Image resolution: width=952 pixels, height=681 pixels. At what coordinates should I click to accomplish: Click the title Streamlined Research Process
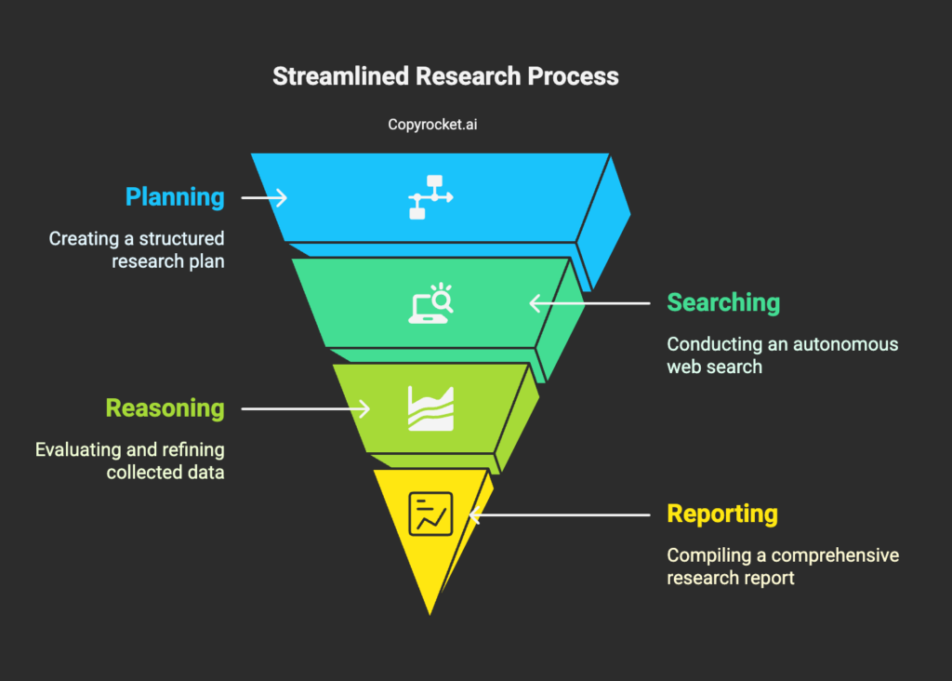pos(445,76)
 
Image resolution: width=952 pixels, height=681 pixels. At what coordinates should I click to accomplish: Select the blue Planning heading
pos(175,197)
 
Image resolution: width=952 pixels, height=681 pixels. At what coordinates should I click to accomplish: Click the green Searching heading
pos(723,302)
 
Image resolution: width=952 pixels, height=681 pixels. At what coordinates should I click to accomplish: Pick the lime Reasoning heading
pos(165,408)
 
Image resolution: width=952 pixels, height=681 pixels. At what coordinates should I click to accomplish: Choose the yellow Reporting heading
pos(722,514)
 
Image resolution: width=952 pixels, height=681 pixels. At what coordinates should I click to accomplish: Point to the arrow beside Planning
pos(264,197)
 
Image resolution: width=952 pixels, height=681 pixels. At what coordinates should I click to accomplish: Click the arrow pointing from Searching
pos(588,302)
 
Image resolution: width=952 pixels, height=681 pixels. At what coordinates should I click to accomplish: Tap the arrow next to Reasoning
pos(306,408)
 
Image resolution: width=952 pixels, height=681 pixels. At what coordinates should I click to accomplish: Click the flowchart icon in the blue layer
pos(430,197)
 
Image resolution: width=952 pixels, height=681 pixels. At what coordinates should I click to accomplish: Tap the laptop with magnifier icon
pos(430,302)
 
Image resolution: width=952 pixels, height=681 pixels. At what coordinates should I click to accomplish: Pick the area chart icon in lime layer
pos(430,408)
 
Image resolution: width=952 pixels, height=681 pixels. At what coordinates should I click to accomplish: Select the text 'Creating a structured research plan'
pos(137,250)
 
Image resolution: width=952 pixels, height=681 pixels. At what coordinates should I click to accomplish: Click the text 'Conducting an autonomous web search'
pos(782,355)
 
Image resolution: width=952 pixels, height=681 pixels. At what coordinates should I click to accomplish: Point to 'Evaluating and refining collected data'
pos(130,461)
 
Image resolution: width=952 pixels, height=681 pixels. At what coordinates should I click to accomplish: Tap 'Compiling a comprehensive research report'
pos(782,567)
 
